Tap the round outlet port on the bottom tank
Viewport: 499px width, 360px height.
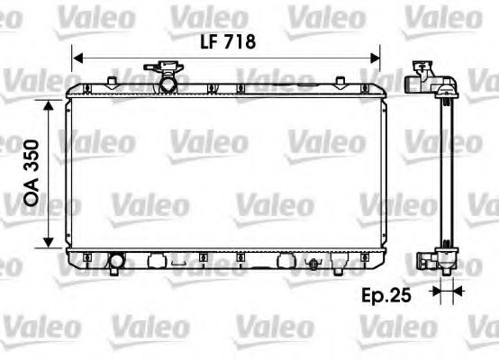pyautogui.click(x=116, y=263)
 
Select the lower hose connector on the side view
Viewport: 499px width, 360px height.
pyautogui.click(x=422, y=263)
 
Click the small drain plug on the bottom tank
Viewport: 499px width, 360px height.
pyautogui.click(x=313, y=264)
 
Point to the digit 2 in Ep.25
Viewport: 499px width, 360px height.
pyautogui.click(x=403, y=293)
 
